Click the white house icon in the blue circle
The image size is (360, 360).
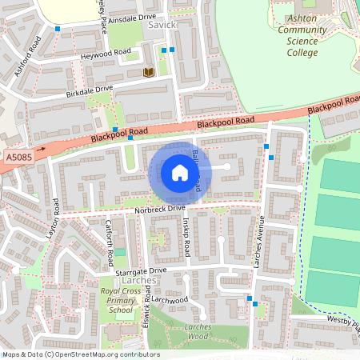[x=180, y=173]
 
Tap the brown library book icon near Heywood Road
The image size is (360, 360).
[x=148, y=72]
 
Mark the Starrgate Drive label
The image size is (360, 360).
[x=142, y=271]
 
